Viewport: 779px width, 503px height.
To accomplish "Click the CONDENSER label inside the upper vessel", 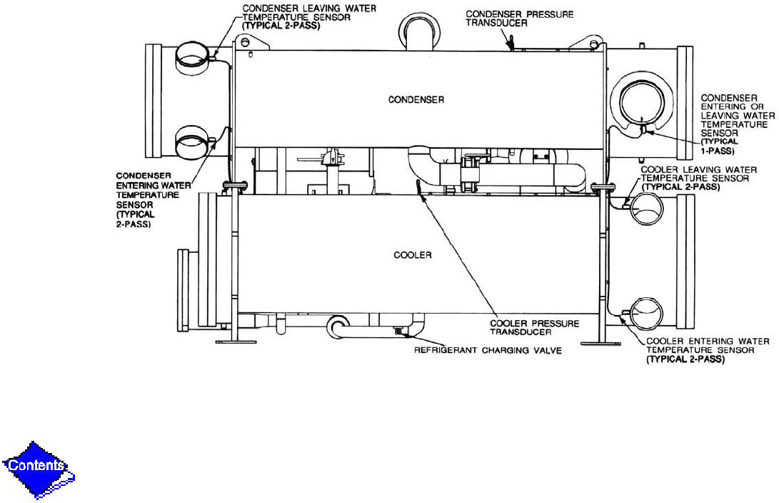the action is [416, 100].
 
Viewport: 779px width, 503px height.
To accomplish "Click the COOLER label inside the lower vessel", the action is [413, 255].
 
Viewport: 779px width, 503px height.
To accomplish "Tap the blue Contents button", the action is [37, 467].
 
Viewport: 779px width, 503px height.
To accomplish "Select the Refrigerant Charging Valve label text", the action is [488, 350].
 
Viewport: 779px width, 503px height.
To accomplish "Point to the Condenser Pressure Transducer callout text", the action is [519, 19].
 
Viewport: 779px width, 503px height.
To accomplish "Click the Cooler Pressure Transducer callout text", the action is [535, 327].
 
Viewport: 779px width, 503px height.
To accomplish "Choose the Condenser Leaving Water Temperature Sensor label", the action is [309, 17].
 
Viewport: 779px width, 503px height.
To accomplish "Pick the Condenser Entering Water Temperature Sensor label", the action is [153, 200].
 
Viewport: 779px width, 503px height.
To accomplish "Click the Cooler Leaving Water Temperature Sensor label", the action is [698, 179].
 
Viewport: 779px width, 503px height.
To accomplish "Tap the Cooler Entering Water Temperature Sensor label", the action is [708, 350].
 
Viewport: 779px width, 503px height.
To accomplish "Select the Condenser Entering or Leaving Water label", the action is [738, 124].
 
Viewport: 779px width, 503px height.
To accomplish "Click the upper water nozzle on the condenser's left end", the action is [192, 58].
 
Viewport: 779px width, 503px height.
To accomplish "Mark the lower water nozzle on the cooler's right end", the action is [646, 313].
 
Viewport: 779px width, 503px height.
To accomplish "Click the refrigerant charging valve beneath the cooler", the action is [398, 331].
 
